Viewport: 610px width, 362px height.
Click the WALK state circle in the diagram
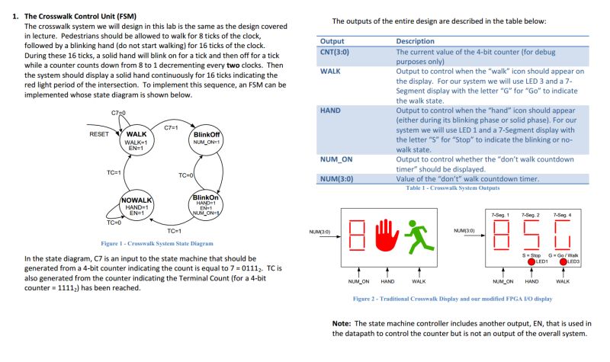[135, 141]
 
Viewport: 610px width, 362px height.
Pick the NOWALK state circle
[136, 205]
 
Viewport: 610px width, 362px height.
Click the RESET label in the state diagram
[98, 134]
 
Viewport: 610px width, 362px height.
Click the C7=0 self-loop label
[118, 112]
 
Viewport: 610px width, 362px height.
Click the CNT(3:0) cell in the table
[335, 51]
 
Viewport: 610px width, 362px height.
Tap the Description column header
[415, 40]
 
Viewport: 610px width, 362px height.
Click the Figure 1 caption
[157, 243]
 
